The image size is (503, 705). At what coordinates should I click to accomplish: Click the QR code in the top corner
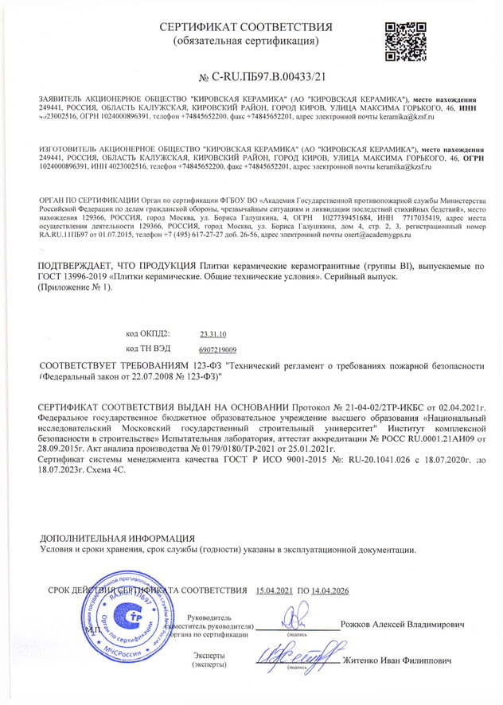tap(401, 41)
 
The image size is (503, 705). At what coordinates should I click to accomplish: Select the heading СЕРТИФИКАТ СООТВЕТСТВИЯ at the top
tap(246, 27)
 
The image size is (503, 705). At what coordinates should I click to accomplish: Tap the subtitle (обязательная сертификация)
tap(246, 41)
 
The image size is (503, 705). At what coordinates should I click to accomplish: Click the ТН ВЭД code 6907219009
tap(217, 349)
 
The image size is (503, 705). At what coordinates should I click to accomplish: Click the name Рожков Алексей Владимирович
tap(401, 625)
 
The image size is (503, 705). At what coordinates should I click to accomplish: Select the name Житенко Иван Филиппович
tap(396, 661)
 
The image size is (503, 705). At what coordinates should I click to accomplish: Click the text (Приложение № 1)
tap(76, 287)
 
